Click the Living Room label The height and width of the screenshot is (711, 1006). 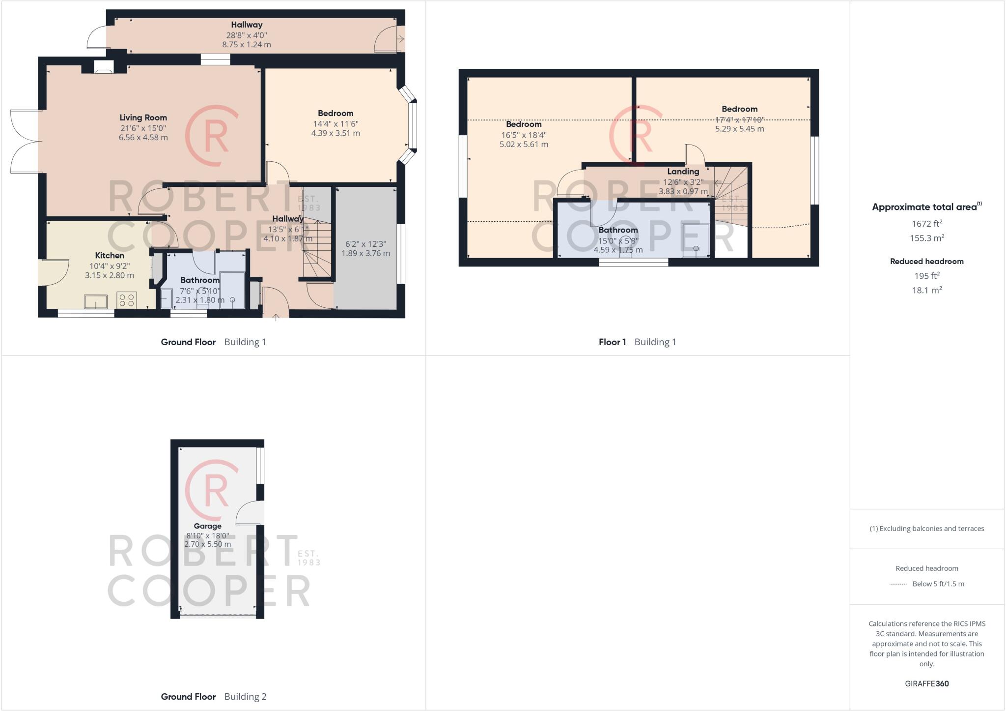(143, 118)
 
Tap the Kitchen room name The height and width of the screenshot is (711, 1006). (109, 255)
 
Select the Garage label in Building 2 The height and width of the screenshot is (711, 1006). (207, 526)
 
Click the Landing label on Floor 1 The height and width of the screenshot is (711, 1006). (683, 172)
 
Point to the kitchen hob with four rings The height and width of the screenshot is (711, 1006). (127, 300)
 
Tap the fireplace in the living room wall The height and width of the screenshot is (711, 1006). (103, 67)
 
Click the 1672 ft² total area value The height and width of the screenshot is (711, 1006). (926, 224)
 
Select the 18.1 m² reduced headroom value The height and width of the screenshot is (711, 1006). (926, 290)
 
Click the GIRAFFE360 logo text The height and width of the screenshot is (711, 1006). (926, 683)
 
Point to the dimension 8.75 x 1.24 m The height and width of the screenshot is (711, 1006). (246, 44)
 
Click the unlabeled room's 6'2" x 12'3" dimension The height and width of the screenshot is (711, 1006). (365, 244)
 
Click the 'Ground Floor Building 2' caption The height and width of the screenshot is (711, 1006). (213, 696)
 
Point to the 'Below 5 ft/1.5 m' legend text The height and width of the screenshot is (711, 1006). (938, 584)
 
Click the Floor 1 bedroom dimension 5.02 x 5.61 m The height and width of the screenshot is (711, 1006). (524, 145)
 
